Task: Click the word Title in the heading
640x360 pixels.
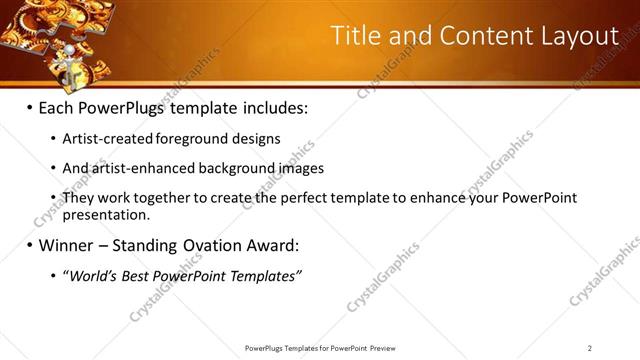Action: [355, 36]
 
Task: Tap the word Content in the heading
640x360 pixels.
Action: [473, 36]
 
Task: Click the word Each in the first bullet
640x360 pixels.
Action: [57, 107]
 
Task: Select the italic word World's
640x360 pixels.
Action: [91, 276]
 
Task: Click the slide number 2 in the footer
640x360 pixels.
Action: [589, 348]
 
